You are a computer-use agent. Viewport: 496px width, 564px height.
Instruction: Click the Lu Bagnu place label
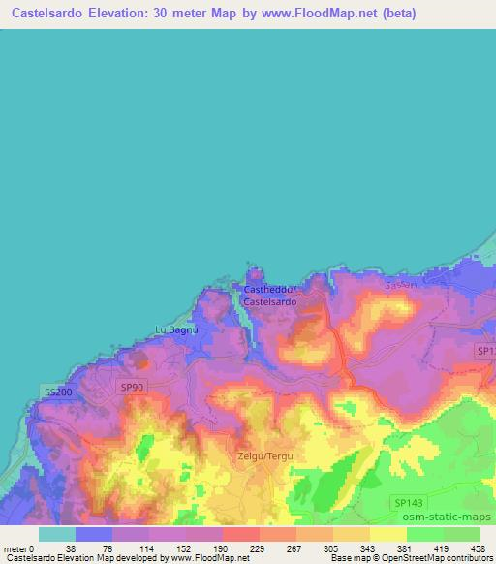point(176,329)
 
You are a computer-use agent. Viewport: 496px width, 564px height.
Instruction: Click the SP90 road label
point(132,386)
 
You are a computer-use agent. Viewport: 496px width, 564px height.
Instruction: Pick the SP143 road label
point(410,501)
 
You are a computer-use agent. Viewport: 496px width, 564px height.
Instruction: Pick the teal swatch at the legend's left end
point(57,534)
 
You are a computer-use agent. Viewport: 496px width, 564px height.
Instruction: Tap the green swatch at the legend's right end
point(462,534)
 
